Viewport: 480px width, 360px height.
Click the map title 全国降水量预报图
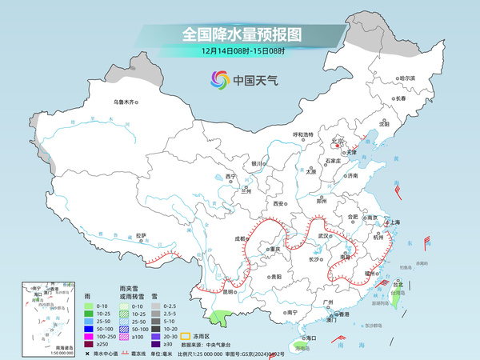pyautogui.click(x=241, y=35)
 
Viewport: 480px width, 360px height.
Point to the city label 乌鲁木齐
pyautogui.click(x=126, y=102)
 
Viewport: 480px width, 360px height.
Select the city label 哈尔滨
pyautogui.click(x=408, y=78)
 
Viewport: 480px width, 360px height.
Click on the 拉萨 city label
pyautogui.click(x=141, y=235)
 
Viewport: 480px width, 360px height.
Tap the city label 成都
pyautogui.click(x=241, y=238)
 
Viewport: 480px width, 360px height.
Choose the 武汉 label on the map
pyautogui.click(x=323, y=235)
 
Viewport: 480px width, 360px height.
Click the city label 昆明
pyautogui.click(x=226, y=291)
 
